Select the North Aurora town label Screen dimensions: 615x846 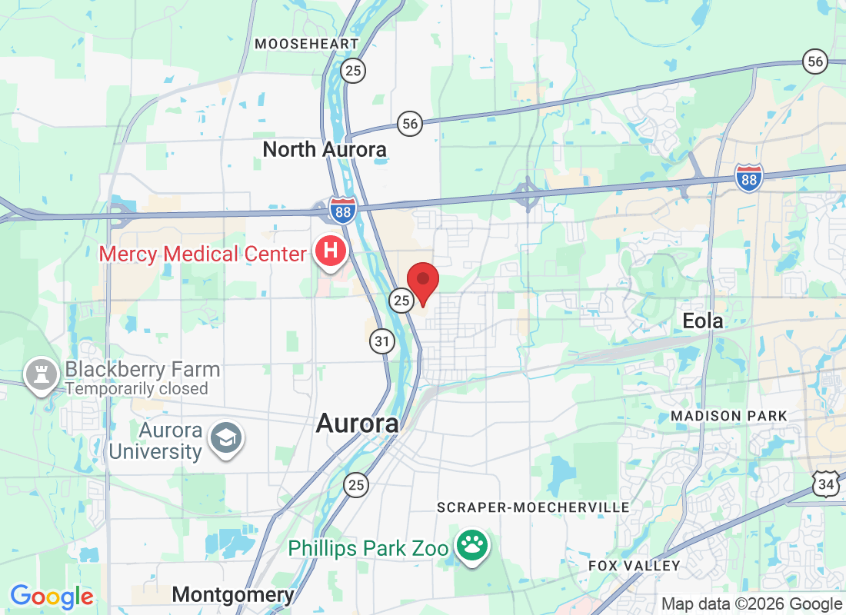pos(325,149)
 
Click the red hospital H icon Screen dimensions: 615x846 pos(331,251)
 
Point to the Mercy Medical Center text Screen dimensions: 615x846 pos(202,253)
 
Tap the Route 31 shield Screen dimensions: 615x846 pos(381,341)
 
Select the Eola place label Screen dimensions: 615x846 pos(703,321)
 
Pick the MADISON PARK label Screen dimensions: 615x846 pos(729,416)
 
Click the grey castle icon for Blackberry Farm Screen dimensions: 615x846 pos(39,374)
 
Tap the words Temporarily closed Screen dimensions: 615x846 pos(136,388)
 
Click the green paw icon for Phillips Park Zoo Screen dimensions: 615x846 pos(472,547)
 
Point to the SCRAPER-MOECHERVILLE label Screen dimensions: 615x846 pos(533,507)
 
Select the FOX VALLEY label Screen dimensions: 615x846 pos(634,566)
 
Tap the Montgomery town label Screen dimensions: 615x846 pos(233,594)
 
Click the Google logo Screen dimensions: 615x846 pos(52,597)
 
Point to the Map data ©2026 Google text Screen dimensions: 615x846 pos(751,604)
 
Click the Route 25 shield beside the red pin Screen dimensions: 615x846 pos(401,301)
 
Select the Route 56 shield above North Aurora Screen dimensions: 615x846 pos(411,123)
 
